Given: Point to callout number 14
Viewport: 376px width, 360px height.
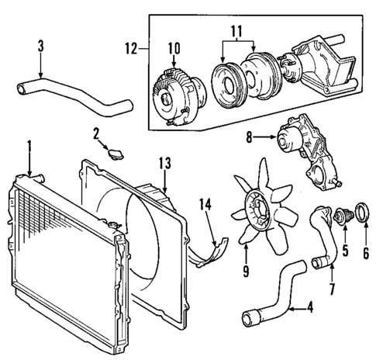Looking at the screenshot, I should tap(205, 206).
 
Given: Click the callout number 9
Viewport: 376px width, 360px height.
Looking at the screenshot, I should tap(245, 273).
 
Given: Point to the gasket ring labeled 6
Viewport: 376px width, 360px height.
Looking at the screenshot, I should tap(362, 210).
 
